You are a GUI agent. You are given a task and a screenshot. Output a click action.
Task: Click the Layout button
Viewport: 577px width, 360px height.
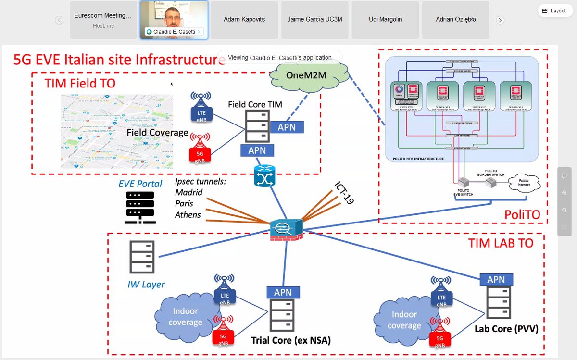[x=554, y=11]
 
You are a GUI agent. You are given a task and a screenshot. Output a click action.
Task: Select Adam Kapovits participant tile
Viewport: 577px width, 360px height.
[x=244, y=20]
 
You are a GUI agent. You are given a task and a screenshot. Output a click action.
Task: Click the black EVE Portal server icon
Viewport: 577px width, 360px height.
[x=140, y=207]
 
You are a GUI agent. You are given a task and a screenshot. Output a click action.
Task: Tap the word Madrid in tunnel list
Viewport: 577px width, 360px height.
[x=189, y=192]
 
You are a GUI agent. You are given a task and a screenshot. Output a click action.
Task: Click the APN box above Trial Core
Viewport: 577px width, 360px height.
[x=283, y=292]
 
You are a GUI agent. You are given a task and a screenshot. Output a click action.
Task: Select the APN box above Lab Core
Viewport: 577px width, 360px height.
[x=496, y=279]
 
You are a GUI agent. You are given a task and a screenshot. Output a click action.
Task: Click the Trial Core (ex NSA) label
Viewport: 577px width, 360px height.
[x=291, y=340]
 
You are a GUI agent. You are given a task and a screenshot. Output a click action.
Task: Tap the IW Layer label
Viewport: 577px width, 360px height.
[x=147, y=285]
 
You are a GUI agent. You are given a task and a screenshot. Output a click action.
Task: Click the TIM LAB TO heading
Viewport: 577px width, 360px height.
[x=501, y=243]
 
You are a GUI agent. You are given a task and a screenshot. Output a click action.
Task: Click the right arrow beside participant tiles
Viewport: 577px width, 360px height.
[x=500, y=20]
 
